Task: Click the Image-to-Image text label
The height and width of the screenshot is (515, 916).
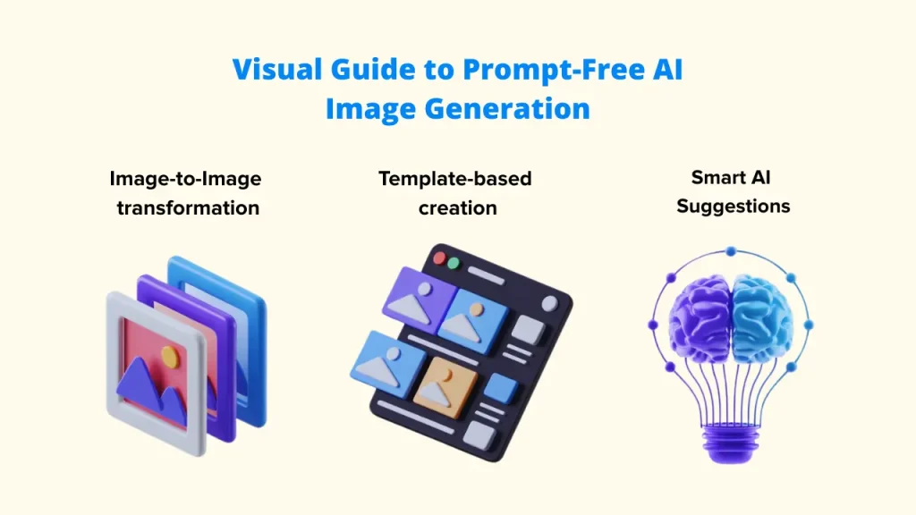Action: pyautogui.click(x=185, y=179)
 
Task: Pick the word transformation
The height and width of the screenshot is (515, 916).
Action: pyautogui.click(x=188, y=208)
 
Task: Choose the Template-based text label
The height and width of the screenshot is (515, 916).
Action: pyautogui.click(x=454, y=179)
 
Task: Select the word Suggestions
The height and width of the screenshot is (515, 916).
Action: pyautogui.click(x=733, y=207)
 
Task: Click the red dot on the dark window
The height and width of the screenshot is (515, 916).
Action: pyautogui.click(x=439, y=258)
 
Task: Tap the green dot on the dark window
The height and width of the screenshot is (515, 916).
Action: pyautogui.click(x=454, y=264)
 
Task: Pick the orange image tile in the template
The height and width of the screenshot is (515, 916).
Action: pyautogui.click(x=445, y=386)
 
